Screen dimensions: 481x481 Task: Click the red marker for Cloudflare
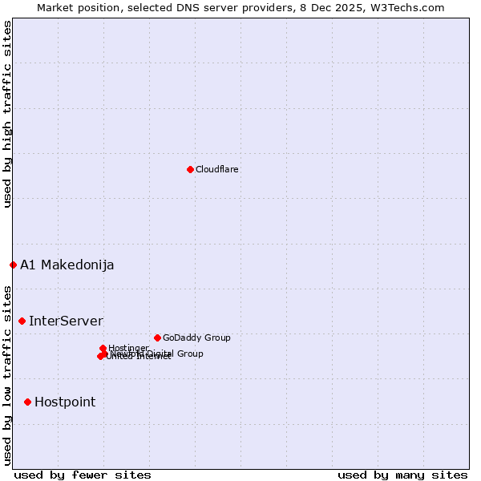[x=190, y=169]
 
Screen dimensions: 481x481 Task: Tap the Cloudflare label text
[x=216, y=169]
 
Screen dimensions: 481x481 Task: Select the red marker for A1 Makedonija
[x=13, y=265]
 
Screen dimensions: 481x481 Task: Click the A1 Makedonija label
[x=67, y=265]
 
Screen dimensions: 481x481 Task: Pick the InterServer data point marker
[x=22, y=321]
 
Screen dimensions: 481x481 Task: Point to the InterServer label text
[x=66, y=321]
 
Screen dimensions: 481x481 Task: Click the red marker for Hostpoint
[x=27, y=402]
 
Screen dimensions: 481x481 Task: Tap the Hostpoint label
[x=64, y=402]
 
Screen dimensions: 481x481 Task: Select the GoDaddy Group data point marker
[x=157, y=338]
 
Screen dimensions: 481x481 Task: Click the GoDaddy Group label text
[x=196, y=338]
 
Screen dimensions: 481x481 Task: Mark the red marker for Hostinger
[x=103, y=348]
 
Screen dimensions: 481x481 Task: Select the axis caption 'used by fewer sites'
[x=83, y=475]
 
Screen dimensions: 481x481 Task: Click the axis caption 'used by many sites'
[x=402, y=475]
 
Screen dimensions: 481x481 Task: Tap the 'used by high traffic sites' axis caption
[x=7, y=114]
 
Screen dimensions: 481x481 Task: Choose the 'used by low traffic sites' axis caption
[x=7, y=374]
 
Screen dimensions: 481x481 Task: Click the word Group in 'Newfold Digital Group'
[x=190, y=354]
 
